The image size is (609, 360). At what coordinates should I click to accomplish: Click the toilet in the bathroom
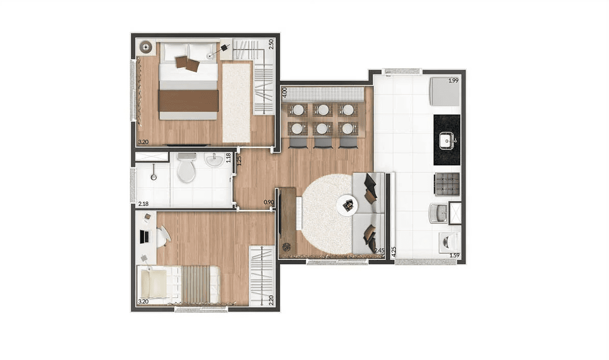187,167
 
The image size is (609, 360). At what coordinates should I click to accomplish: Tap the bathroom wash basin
214,160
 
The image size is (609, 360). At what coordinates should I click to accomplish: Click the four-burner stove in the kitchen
447,184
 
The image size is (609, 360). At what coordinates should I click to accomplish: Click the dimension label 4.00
284,92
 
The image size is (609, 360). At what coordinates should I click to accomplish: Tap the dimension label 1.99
454,81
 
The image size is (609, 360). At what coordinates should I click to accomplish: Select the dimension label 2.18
143,204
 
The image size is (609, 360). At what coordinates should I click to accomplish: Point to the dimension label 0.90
269,202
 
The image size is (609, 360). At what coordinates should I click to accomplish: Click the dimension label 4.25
394,252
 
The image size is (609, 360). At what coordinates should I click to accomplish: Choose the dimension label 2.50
271,44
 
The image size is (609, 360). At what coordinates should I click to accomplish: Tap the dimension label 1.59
454,255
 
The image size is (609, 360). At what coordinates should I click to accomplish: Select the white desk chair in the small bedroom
163,236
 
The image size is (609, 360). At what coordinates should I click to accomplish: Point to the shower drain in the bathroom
154,177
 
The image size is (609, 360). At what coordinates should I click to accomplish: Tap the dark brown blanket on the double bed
189,101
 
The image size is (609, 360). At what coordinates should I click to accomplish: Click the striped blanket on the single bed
196,285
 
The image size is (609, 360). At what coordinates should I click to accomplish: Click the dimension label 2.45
379,251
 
